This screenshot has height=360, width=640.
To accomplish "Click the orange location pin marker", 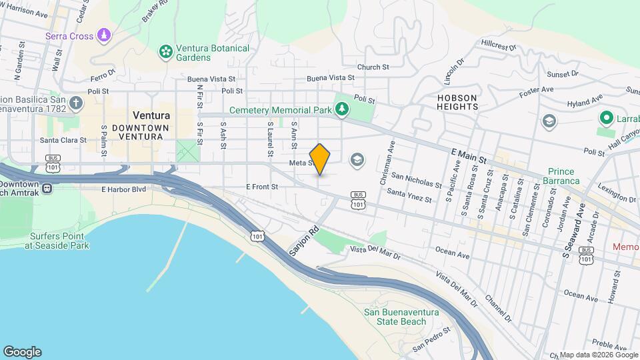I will [x=320, y=159].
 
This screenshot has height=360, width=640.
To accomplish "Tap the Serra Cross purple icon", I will [x=103, y=35].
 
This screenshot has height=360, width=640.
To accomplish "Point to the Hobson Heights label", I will [x=458, y=102].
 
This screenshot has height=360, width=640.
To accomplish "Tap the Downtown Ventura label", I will [x=137, y=131].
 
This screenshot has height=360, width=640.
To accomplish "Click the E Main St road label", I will [x=471, y=156].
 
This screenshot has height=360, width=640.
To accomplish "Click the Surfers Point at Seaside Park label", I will [x=57, y=241].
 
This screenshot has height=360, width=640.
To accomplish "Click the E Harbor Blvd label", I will [x=123, y=189].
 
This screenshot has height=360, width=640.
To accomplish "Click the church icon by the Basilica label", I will [x=76, y=103].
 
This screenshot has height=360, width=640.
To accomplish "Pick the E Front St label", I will [x=261, y=187].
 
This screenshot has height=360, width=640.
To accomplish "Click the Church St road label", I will [x=373, y=67].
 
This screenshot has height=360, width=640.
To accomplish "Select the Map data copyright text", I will [x=599, y=355].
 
